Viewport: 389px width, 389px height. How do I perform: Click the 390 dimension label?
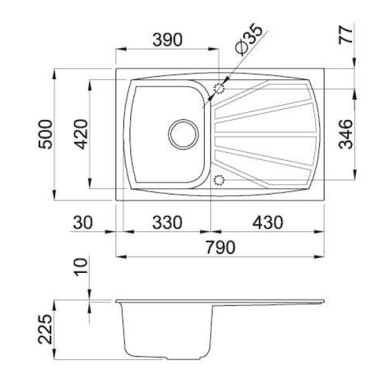click(x=167, y=40)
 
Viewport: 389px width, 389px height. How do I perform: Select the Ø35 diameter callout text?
click(x=249, y=39)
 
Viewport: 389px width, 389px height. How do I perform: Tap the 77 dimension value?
click(x=346, y=35)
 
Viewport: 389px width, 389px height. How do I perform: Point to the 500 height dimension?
click(x=45, y=134)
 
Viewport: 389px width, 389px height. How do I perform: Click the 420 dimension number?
click(x=81, y=134)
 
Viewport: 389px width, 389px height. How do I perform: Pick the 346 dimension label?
click(x=346, y=134)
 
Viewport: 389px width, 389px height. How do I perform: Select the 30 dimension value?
click(x=83, y=222)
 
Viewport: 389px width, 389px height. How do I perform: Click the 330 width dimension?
click(x=167, y=222)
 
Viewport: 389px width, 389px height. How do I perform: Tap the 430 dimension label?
click(x=268, y=222)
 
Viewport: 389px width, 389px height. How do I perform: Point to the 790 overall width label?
click(x=220, y=248)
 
